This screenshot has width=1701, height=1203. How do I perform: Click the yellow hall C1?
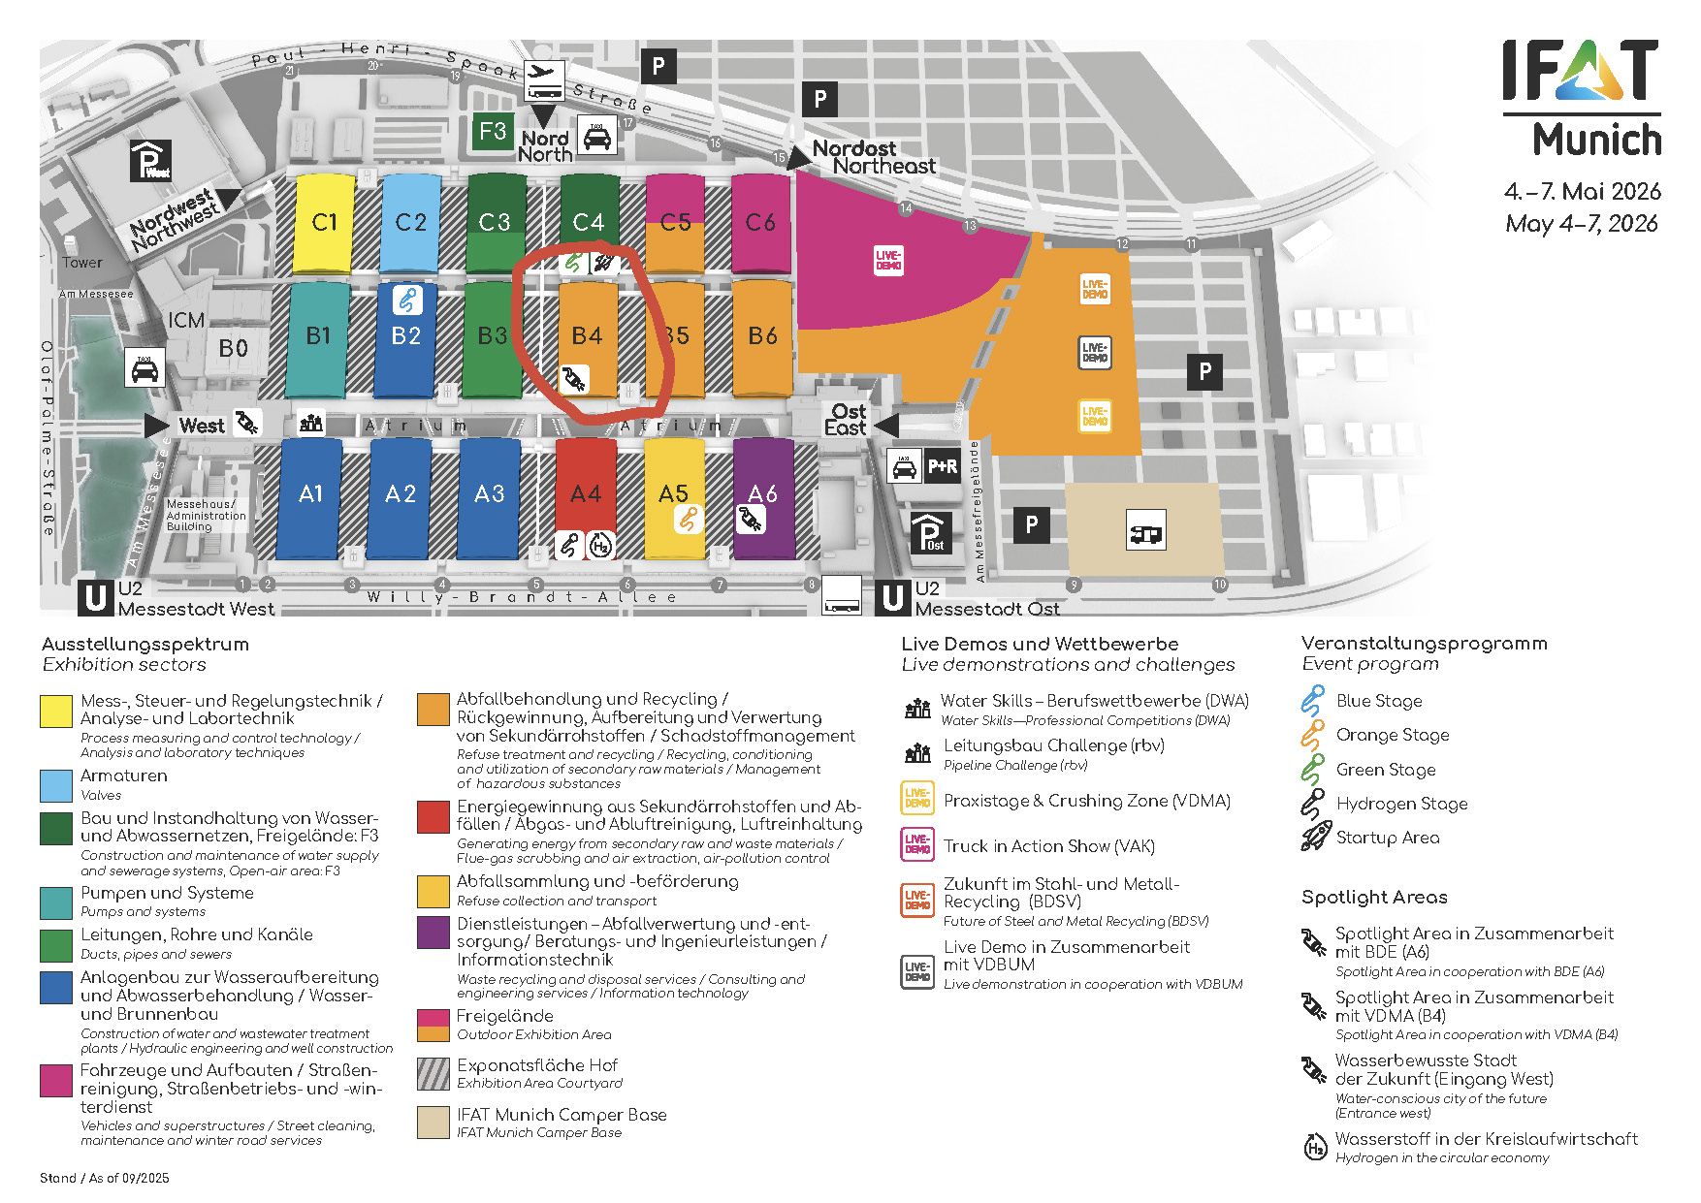tap(324, 223)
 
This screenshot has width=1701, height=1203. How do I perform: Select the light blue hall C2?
tap(410, 223)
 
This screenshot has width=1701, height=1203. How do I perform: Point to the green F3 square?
tap(493, 132)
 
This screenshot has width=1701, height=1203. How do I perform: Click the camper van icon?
tap(1145, 531)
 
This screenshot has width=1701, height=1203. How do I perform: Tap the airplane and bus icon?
tap(545, 80)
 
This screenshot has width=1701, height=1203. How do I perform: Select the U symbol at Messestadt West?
tap(96, 598)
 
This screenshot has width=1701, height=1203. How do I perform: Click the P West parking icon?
tap(151, 161)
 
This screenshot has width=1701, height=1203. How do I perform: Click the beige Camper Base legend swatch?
tap(433, 1122)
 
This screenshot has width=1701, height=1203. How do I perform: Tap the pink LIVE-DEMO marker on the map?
tap(888, 260)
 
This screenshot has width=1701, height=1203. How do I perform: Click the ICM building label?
tap(186, 321)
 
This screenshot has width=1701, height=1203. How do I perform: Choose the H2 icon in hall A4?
tap(601, 546)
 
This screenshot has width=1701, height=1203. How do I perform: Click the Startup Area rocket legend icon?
tap(1315, 837)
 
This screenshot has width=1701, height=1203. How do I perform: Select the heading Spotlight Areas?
tap(1374, 898)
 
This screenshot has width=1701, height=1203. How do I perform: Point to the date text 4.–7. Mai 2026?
tap(1582, 191)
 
